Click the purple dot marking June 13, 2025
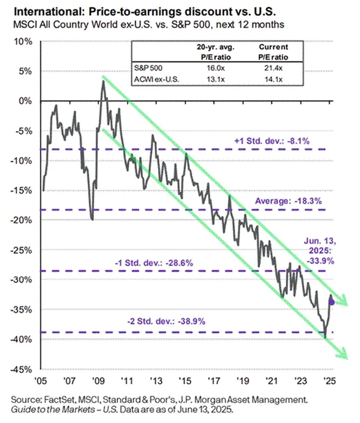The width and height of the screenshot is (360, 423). pos(331,302)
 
